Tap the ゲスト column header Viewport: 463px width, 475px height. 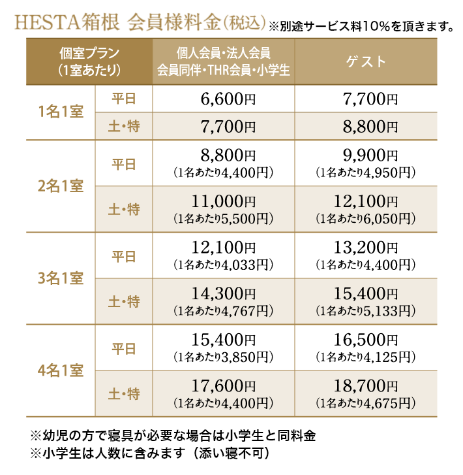pos(365,61)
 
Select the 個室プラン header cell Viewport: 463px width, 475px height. pos(89,61)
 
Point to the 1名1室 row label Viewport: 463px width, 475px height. pos(61,112)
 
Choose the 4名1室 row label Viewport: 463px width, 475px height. pos(61,370)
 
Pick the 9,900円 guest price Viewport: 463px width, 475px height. pos(365,156)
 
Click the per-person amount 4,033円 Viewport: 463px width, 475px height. pos(224,265)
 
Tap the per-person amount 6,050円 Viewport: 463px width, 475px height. pos(365,218)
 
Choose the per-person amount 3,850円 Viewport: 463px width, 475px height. pos(224,357)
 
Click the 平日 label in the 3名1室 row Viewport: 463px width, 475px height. pos(124,256)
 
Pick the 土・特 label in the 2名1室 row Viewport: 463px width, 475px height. pos(124,209)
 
